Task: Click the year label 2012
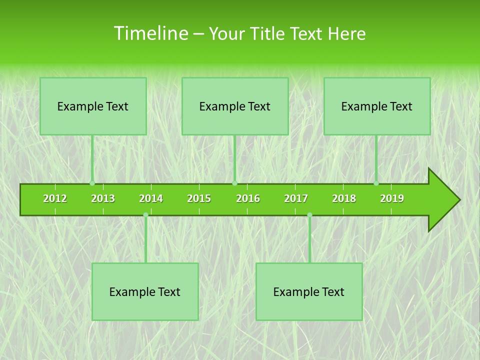click(55, 198)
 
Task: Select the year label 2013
click(103, 198)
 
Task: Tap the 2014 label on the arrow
click(151, 198)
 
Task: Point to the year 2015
click(199, 198)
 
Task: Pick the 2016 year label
click(248, 198)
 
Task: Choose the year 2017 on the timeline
click(296, 198)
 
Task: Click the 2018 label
click(344, 198)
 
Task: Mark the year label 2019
click(392, 198)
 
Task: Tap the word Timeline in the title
click(150, 33)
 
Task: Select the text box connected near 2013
click(93, 106)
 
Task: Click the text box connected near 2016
click(235, 106)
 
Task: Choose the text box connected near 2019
click(377, 106)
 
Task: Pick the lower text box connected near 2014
click(145, 291)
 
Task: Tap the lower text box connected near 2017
click(309, 291)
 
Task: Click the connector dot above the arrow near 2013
click(92, 183)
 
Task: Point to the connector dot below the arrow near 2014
click(145, 215)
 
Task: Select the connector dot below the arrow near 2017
click(309, 215)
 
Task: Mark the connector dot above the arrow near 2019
click(376, 183)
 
